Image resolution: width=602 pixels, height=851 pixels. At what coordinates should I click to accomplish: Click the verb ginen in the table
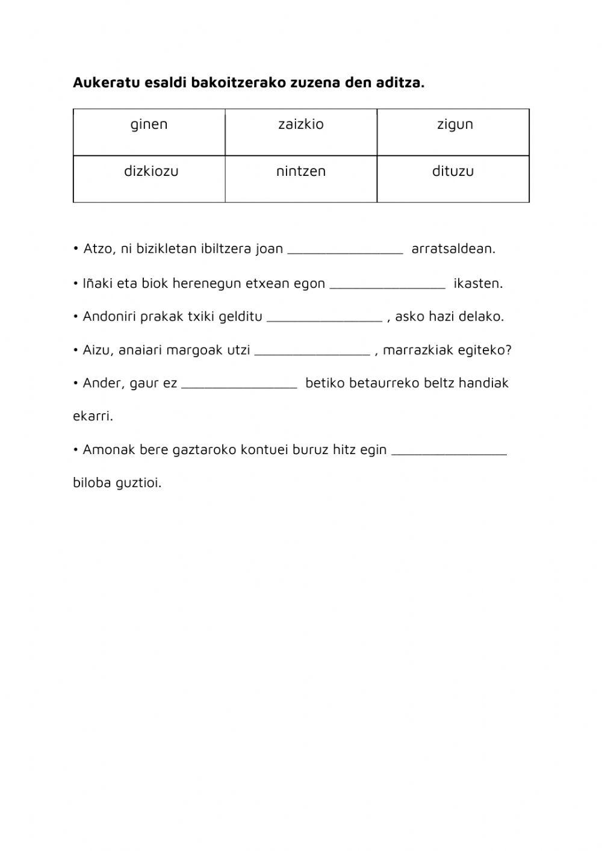pos(149,125)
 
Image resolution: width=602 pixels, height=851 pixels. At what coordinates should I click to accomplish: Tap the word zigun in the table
pos(455,125)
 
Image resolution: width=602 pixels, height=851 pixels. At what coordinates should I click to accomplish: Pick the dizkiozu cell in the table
pos(151,171)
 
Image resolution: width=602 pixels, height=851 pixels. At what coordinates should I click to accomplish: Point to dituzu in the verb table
pos(453,171)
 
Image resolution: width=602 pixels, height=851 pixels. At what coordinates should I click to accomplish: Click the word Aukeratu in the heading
pos(105,83)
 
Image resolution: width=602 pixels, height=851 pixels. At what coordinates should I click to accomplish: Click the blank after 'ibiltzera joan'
pos(345,249)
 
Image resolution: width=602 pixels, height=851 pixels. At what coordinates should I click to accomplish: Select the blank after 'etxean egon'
pos(388,284)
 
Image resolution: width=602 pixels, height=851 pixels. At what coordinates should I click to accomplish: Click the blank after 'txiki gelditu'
pos(324,317)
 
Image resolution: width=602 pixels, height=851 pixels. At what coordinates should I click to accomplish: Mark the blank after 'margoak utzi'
pos(312,351)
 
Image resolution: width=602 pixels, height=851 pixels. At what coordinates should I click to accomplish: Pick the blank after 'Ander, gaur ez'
pos(239,384)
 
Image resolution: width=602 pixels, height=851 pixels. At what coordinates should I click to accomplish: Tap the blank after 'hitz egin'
pos(448,450)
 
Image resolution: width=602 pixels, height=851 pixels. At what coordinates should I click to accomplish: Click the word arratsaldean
pos(453,249)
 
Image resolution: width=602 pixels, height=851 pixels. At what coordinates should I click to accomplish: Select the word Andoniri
pos(109,316)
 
